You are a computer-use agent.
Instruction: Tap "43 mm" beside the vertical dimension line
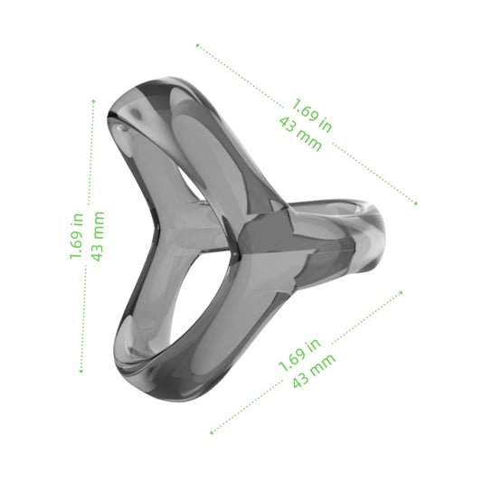[97, 236]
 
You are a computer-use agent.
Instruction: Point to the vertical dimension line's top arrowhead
[93, 100]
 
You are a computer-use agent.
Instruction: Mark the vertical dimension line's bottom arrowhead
[80, 371]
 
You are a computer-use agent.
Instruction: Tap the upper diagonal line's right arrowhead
[417, 204]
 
